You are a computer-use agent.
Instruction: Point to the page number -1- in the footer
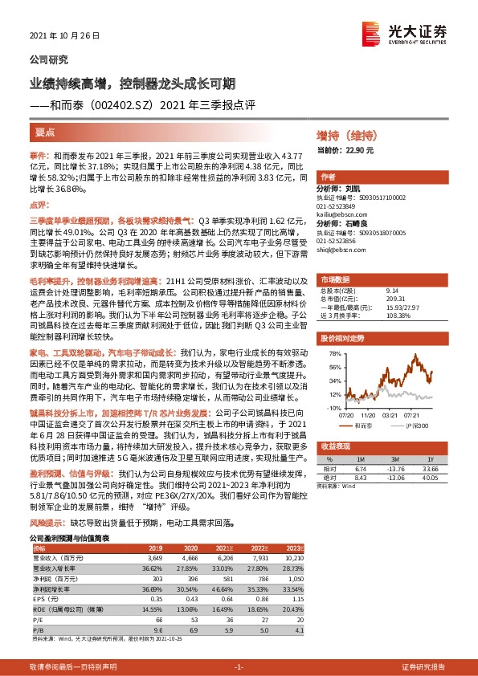coord(239,666)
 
